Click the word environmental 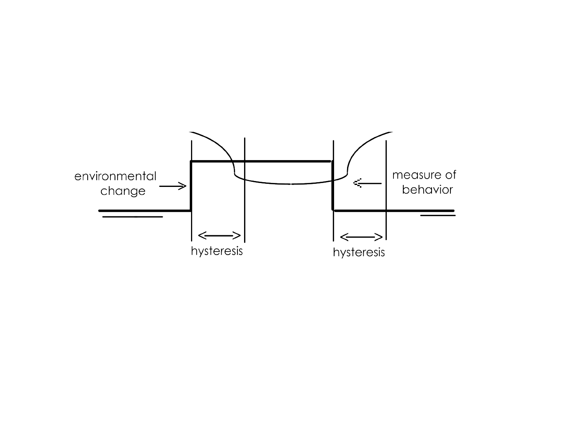point(115,176)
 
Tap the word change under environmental point(123,191)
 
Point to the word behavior point(427,190)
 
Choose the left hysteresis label point(217,251)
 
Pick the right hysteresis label point(358,252)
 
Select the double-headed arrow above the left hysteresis point(219,235)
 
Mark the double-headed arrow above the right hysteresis point(361,237)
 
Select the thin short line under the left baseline point(132,217)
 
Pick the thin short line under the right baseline point(438,215)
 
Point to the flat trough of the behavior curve point(291,184)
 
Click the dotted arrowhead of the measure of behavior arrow point(357,183)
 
